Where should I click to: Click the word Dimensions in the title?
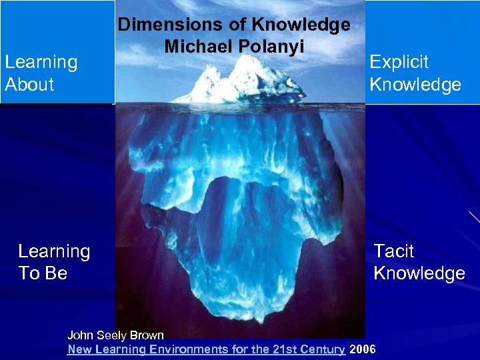point(159,25)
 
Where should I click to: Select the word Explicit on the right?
point(399,62)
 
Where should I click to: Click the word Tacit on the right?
point(393,251)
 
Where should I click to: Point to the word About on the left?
point(29,85)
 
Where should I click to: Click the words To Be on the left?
point(43,273)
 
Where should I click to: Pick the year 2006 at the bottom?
point(363,349)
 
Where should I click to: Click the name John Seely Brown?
point(115,335)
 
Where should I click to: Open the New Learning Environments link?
point(206,349)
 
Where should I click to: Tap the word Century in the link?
point(322,349)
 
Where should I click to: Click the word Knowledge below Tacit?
point(419,273)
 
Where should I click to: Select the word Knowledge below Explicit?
point(415,85)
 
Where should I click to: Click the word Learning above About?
point(41,62)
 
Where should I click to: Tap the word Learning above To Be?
point(54,251)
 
